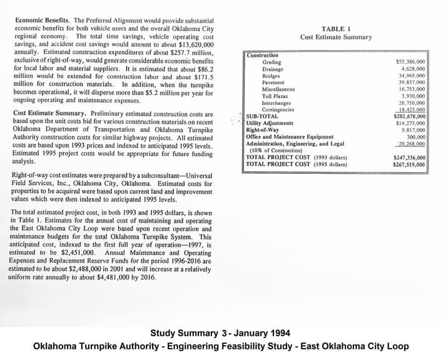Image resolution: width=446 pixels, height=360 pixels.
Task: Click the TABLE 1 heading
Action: pyautogui.click(x=336, y=29)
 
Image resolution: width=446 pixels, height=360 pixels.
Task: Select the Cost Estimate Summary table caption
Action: pyautogui.click(x=336, y=37)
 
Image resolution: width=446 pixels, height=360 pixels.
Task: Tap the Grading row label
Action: pyautogui.click(x=271, y=62)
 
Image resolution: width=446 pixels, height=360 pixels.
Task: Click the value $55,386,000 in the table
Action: pyautogui.click(x=411, y=62)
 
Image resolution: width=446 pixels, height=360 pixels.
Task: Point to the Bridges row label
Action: pyautogui.click(x=271, y=76)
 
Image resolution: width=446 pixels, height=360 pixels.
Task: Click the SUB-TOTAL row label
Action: pyautogui.click(x=262, y=116)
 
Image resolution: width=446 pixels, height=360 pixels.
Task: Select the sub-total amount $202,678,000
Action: pyautogui.click(x=410, y=116)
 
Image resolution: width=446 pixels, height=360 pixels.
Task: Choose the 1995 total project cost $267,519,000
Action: pyautogui.click(x=410, y=164)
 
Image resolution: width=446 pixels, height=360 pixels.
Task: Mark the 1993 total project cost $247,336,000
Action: pyautogui.click(x=410, y=157)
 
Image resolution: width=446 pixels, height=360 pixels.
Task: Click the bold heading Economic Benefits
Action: pyautogui.click(x=41, y=19)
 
